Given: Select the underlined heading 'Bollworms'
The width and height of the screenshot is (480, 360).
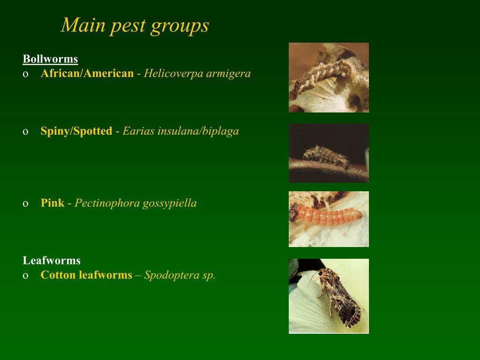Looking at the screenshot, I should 50,59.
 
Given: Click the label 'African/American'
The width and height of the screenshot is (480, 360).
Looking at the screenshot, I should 87,74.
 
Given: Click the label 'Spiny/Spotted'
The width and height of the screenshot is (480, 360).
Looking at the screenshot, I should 76,131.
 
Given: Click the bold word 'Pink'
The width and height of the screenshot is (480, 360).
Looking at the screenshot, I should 52,203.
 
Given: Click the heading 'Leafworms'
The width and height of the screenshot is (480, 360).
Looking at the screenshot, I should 52,261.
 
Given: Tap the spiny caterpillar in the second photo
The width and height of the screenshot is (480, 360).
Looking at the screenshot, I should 327,156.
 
